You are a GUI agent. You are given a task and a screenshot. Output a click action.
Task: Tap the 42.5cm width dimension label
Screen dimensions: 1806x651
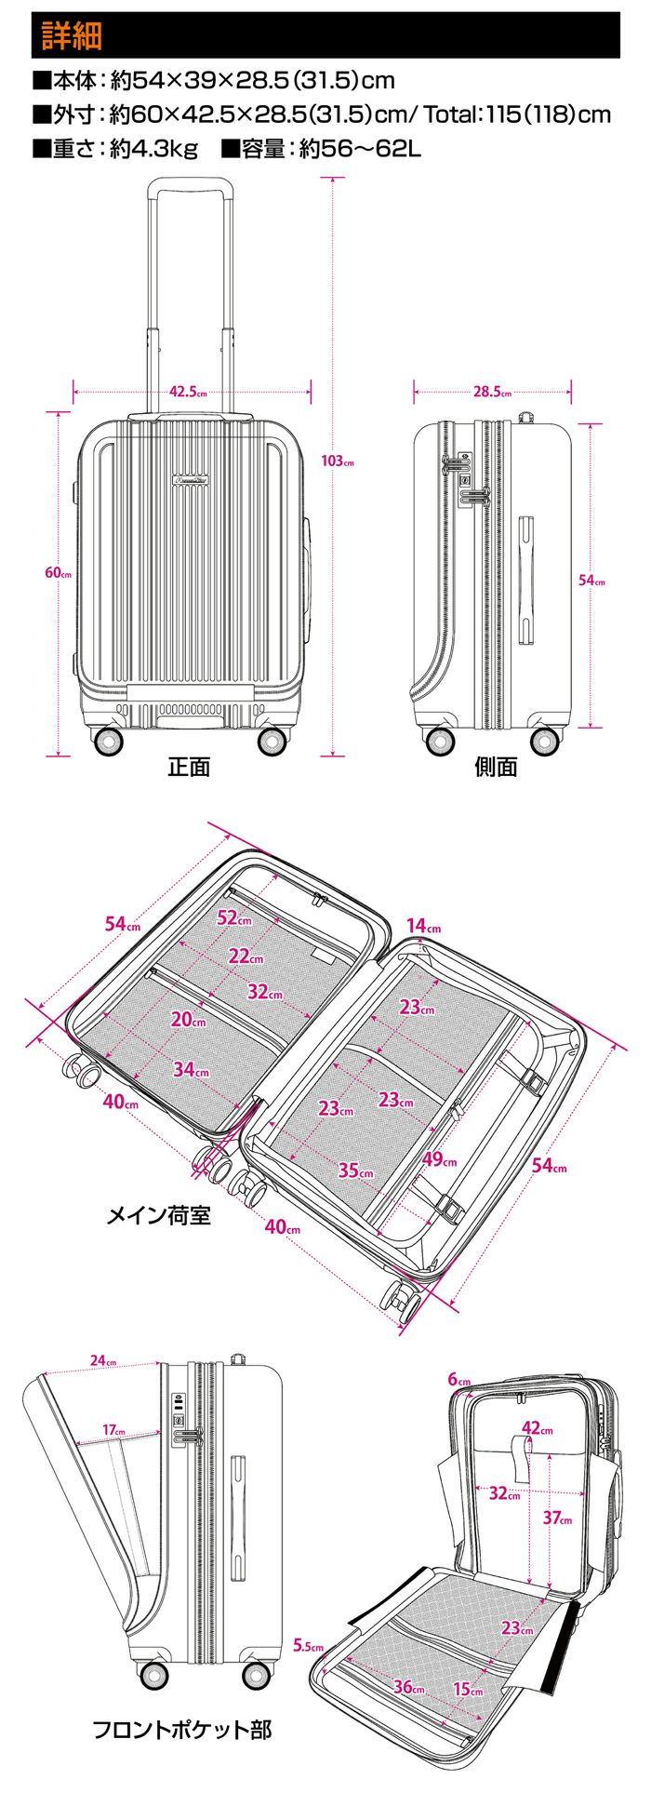[x=189, y=392]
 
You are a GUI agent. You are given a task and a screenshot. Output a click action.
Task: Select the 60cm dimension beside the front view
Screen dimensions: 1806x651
[x=58, y=572]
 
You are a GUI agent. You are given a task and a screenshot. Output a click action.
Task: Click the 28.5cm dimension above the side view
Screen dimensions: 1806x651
[x=492, y=392]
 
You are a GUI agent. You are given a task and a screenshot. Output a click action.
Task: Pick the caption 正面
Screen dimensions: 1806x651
[x=189, y=767]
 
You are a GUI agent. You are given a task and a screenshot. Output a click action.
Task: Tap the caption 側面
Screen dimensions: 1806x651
[x=496, y=767]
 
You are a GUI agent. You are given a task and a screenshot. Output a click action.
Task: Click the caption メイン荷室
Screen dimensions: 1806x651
[x=159, y=1215]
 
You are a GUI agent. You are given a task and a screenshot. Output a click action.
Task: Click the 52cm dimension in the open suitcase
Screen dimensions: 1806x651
[x=234, y=917]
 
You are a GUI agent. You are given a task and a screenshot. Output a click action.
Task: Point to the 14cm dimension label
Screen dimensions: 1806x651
[x=423, y=926]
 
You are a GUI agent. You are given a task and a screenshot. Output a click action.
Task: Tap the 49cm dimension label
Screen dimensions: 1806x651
[x=439, y=1159]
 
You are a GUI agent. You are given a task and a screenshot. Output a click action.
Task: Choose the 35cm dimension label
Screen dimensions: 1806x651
[x=355, y=1171]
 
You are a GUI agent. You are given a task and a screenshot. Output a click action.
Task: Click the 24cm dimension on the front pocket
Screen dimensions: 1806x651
[x=103, y=1361]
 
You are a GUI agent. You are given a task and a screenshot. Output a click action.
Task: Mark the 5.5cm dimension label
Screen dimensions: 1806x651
[x=308, y=1644]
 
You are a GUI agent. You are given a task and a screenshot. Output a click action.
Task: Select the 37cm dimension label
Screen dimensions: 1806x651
[x=557, y=1518]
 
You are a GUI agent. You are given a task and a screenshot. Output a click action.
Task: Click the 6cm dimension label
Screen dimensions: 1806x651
[x=459, y=1379]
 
